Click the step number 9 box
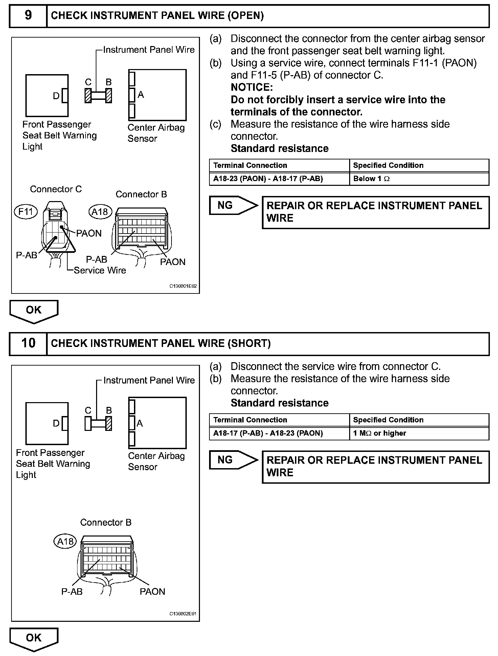[28, 16]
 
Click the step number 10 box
[28, 343]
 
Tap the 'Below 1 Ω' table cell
[419, 179]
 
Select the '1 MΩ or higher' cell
[419, 433]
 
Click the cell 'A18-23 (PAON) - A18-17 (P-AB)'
[279, 179]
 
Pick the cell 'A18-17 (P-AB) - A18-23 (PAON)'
[279, 433]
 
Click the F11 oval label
[26, 212]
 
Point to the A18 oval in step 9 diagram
[100, 212]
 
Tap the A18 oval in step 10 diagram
[65, 542]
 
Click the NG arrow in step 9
[233, 205]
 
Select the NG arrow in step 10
[233, 460]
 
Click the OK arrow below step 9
[33, 310]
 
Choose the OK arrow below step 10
[33, 638]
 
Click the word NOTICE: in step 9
[252, 87]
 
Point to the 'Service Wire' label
[100, 270]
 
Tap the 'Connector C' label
[56, 189]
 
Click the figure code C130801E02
[183, 286]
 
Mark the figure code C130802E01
[183, 614]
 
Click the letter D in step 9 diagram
[56, 96]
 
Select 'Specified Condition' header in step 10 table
[388, 420]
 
